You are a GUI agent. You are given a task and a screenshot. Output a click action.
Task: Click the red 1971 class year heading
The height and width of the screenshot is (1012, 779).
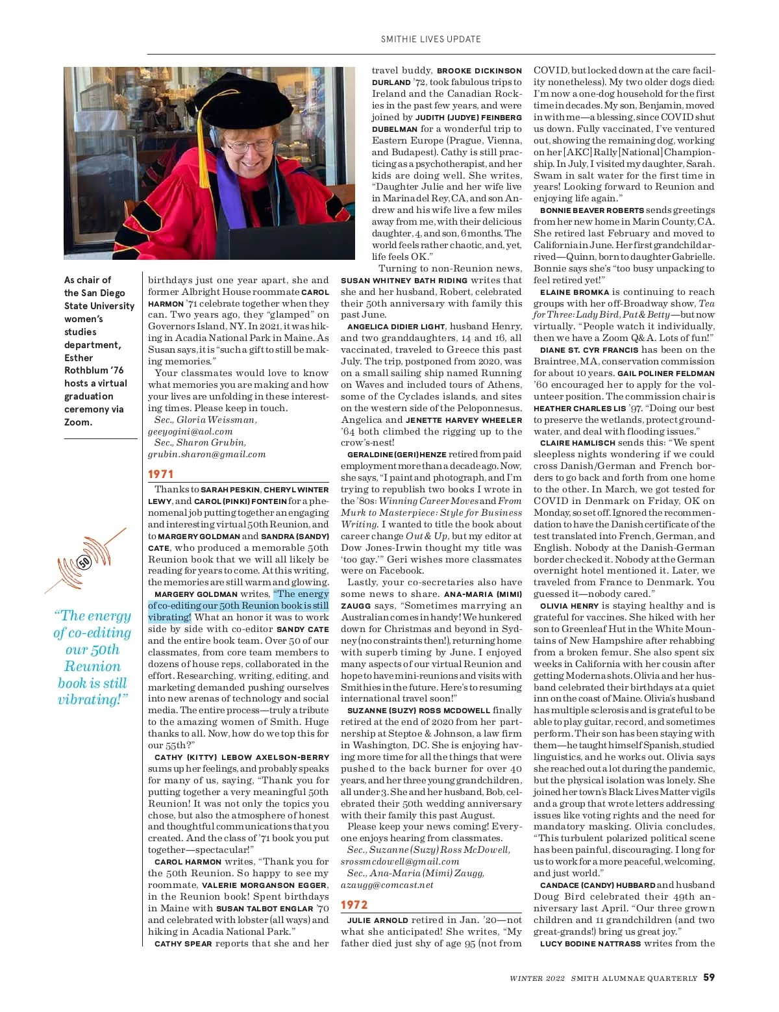click(160, 474)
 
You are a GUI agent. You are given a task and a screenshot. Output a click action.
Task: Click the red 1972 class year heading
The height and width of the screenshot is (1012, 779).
click(354, 904)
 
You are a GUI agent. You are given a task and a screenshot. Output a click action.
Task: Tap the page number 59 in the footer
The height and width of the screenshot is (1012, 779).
click(709, 977)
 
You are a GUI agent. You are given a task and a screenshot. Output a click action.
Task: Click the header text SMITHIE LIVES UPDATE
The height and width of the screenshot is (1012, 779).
click(431, 39)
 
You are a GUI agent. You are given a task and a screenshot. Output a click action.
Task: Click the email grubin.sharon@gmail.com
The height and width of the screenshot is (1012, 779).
click(206, 455)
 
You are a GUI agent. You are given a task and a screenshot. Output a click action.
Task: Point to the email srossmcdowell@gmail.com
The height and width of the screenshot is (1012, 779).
click(400, 861)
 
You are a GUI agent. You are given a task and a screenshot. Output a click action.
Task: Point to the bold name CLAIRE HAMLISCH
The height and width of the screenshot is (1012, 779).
click(577, 443)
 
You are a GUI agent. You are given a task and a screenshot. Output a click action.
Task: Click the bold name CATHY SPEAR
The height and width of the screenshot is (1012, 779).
click(183, 944)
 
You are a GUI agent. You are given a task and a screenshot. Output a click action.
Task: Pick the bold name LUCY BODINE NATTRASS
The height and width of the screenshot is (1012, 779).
click(590, 944)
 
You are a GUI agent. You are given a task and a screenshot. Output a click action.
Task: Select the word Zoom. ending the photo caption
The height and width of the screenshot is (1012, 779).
click(78, 422)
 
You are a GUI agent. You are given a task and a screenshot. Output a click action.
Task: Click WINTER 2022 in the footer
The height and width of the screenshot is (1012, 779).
click(537, 978)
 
